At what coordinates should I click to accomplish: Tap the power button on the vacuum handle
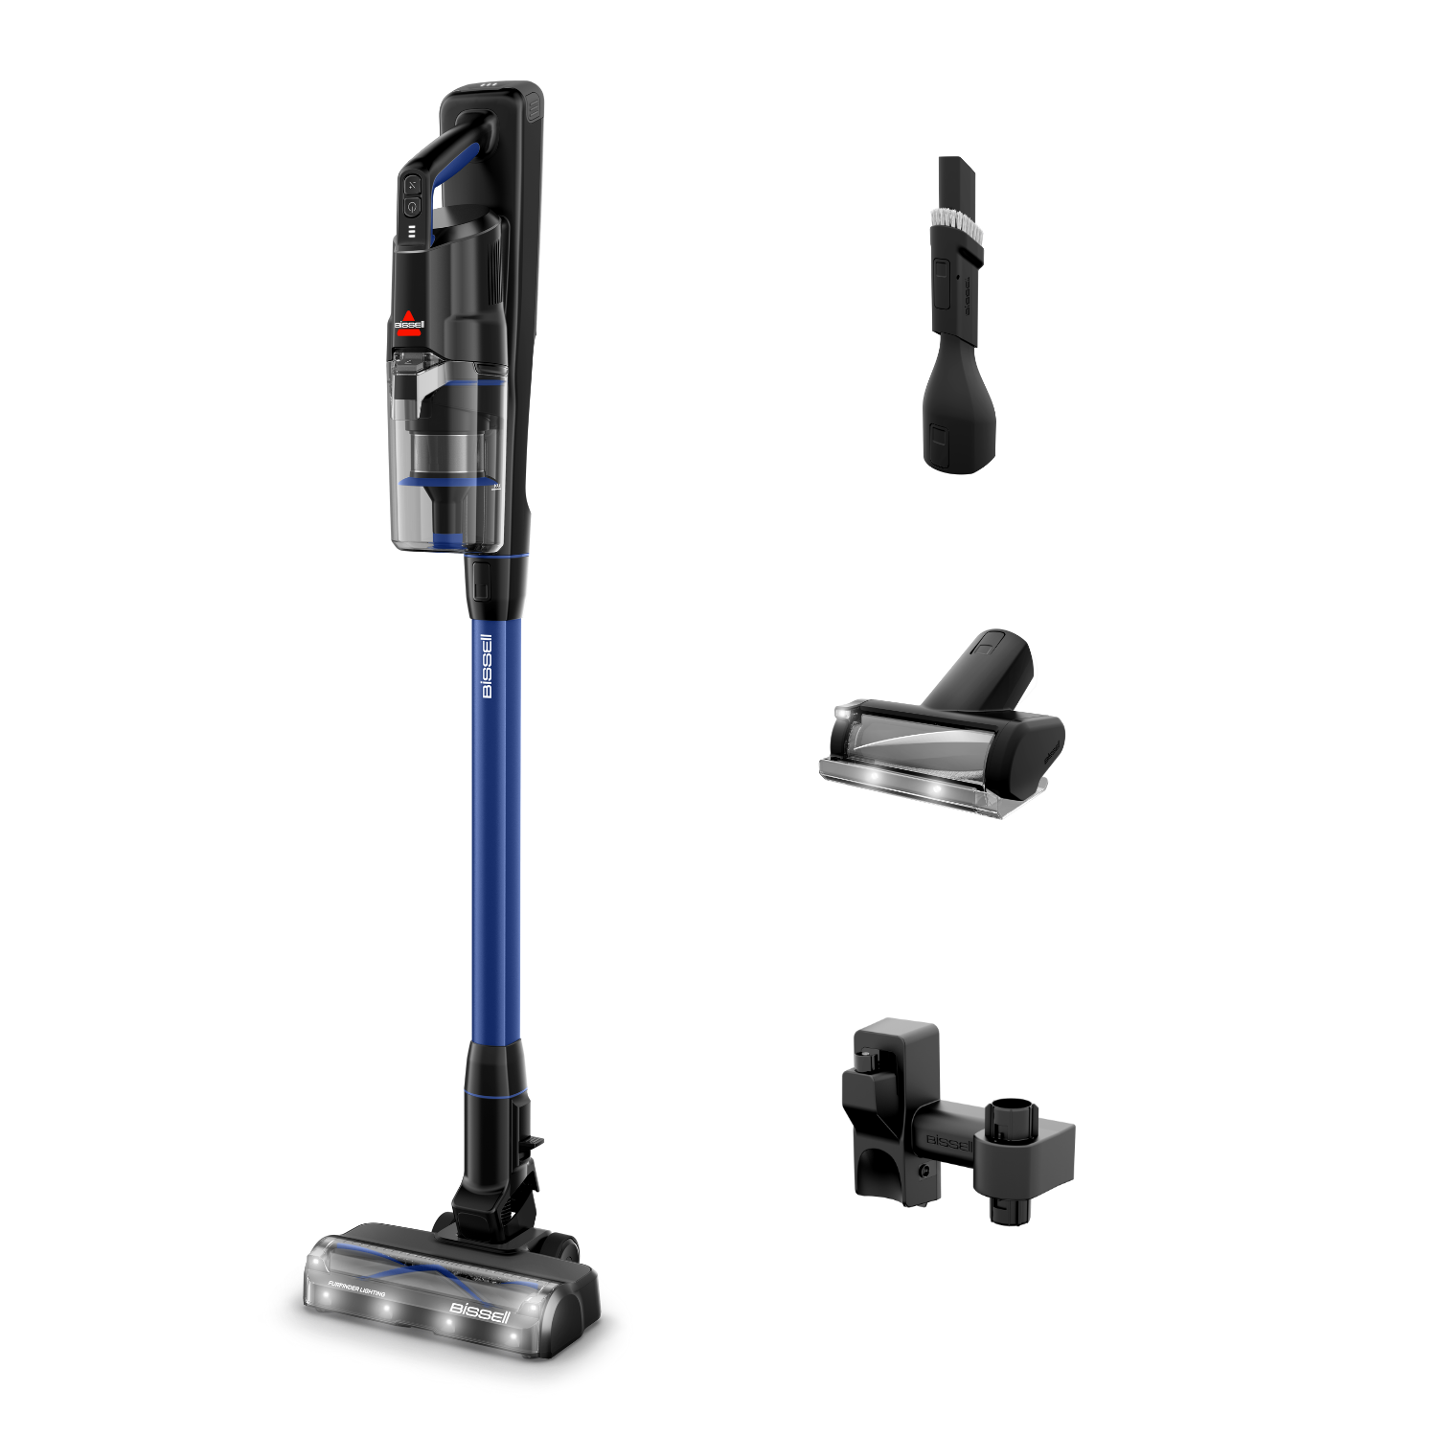click(412, 206)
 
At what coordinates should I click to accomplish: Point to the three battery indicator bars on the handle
click(412, 232)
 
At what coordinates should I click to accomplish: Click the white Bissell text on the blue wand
click(487, 666)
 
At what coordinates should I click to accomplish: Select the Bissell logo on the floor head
click(480, 1312)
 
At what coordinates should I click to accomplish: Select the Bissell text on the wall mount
click(948, 1143)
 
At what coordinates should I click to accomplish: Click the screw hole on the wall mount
click(924, 1172)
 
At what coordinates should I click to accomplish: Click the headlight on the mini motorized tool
click(843, 715)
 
